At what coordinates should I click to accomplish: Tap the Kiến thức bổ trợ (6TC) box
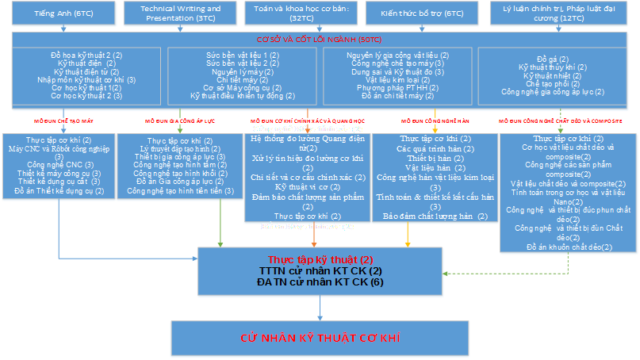pyautogui.click(x=410, y=14)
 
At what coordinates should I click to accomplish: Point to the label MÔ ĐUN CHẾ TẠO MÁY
pyautogui.click(x=63, y=121)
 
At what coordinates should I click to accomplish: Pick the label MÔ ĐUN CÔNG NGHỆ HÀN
pyautogui.click(x=435, y=121)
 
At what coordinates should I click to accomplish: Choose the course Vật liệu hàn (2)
pyautogui.click(x=433, y=167)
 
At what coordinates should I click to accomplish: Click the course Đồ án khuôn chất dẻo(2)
pyautogui.click(x=569, y=247)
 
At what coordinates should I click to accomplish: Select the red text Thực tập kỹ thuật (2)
pyautogui.click(x=320, y=259)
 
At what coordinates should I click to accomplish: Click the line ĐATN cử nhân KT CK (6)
pyautogui.click(x=320, y=281)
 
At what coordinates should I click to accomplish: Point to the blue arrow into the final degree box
pyautogui.click(x=320, y=309)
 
